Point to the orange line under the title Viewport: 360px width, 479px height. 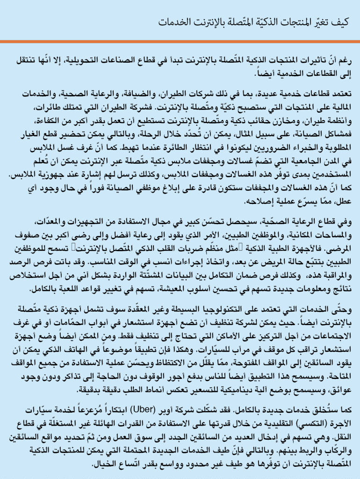point(180,41)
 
